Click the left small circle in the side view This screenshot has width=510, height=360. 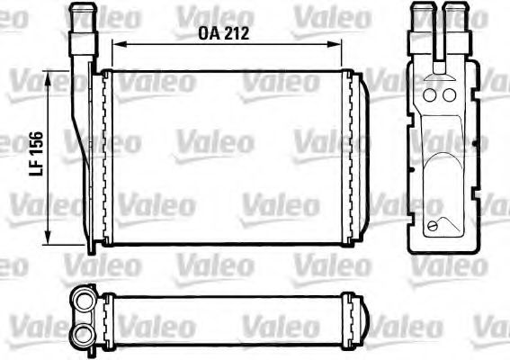pyautogui.click(x=429, y=95)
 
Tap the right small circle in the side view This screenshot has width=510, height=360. pyautogui.click(x=448, y=95)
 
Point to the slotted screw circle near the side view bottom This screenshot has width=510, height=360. pyautogui.click(x=437, y=226)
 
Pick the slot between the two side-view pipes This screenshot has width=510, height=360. pyautogui.click(x=438, y=40)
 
